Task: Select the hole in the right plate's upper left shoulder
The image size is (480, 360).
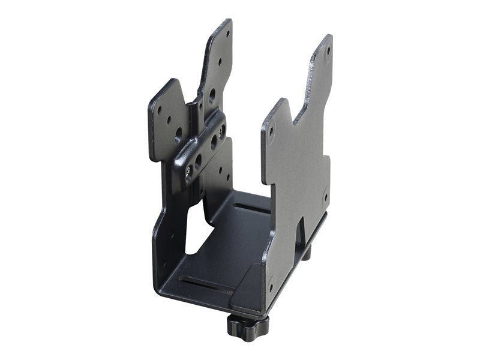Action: click(272, 128)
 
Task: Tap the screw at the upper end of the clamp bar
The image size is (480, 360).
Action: click(223, 128)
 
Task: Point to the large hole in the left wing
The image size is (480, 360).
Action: click(178, 136)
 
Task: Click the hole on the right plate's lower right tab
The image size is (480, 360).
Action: click(325, 196)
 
